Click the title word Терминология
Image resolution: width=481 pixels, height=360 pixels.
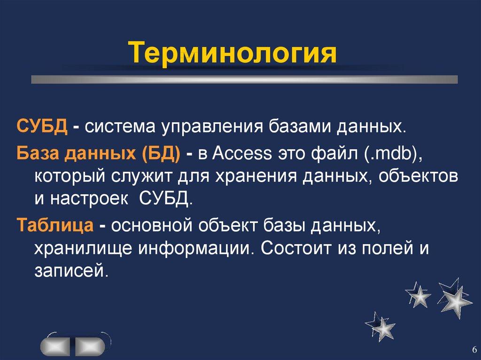233,53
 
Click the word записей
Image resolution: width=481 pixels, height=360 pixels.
68,271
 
